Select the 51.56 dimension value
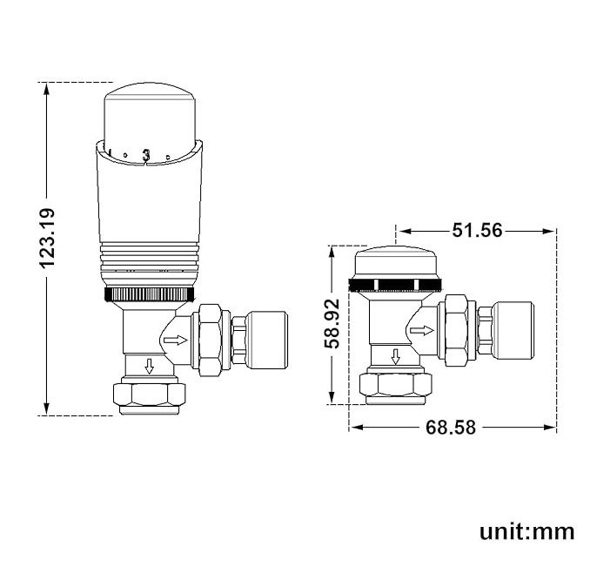(x=477, y=231)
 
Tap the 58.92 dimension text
(x=332, y=325)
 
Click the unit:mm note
(x=526, y=531)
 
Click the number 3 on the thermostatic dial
(x=146, y=154)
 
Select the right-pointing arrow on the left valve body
(x=176, y=338)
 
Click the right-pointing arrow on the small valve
(x=421, y=330)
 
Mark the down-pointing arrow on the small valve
(x=396, y=356)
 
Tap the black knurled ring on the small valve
(x=397, y=284)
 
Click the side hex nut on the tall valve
(x=211, y=336)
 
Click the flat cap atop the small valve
(x=397, y=260)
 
